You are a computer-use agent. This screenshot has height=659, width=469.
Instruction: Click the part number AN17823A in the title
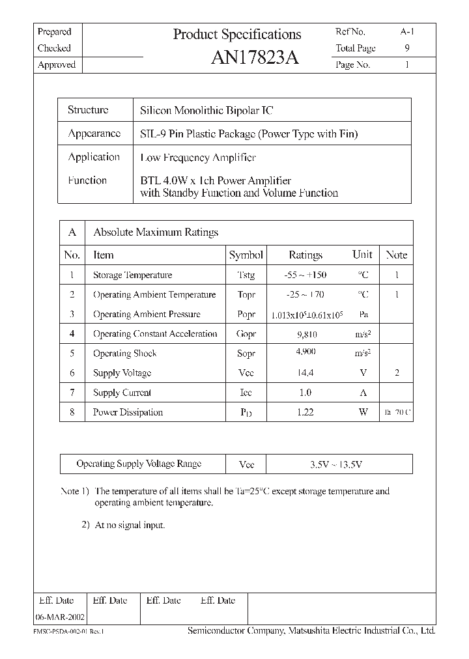255,58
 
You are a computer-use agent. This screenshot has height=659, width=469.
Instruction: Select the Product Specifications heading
237,35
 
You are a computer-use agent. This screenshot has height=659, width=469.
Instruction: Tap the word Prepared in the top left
55,32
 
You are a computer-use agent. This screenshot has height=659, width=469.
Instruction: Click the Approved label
57,65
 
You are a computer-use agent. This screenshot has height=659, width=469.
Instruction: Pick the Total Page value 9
407,48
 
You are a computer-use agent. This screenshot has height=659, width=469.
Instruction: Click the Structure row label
88,110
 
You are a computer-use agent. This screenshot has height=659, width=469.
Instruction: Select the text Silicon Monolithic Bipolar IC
207,111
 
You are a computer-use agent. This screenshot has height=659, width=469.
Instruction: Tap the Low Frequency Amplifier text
198,158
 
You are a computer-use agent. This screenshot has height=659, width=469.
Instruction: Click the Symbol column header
246,255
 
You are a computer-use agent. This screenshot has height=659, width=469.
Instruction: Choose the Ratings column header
306,255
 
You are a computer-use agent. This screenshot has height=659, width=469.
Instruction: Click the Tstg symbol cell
247,275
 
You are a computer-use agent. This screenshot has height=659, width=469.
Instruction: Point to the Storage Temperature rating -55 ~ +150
306,275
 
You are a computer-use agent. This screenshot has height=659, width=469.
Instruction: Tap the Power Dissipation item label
128,412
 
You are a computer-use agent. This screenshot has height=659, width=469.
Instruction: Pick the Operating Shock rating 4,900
306,352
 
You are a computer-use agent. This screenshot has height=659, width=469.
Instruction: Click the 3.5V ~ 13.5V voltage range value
335,464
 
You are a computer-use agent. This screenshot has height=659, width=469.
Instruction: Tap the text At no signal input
130,525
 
